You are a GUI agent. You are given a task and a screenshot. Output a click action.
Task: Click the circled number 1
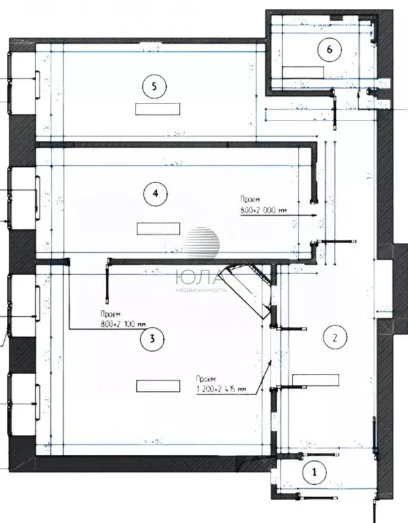click(314, 471)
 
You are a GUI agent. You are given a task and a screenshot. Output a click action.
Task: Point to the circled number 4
click(156, 193)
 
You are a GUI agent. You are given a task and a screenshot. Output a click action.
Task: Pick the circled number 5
click(156, 86)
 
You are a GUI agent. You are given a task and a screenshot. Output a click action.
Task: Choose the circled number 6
click(330, 49)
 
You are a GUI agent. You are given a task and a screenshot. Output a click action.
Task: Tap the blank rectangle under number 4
click(158, 228)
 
